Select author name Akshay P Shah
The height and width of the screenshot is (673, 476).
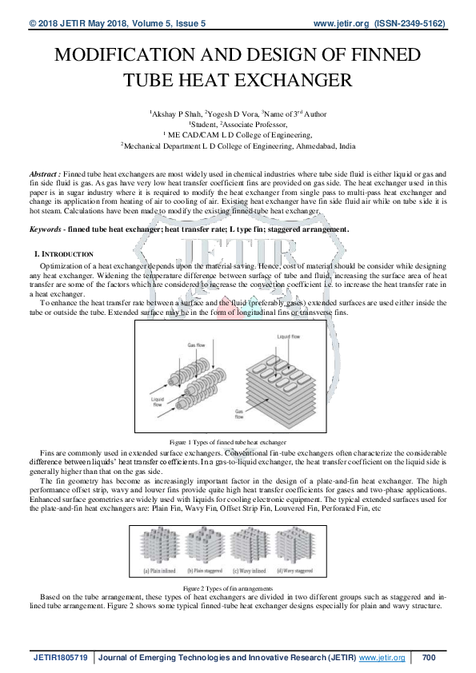(x=175, y=114)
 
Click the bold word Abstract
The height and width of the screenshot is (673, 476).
(x=42, y=173)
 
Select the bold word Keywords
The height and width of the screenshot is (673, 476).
(x=46, y=229)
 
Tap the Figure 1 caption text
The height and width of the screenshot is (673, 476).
(x=228, y=441)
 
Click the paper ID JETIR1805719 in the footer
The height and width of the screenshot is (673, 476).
(x=61, y=658)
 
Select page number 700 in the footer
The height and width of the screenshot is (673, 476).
(x=427, y=658)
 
